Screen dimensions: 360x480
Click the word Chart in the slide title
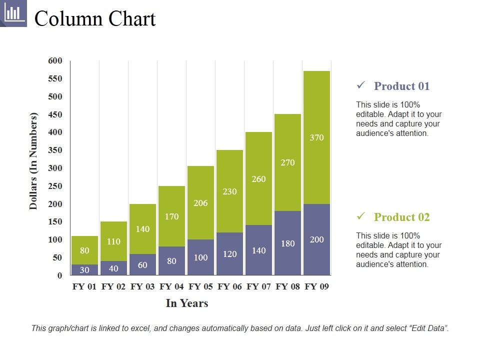(x=130, y=19)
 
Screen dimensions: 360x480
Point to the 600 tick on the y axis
(x=55, y=61)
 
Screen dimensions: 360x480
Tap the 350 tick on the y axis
(x=55, y=150)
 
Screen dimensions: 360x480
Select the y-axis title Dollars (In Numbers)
(x=33, y=161)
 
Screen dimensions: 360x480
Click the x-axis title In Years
(x=186, y=303)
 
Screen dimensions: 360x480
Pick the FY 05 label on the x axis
(x=201, y=287)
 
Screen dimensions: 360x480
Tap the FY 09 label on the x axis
(x=317, y=287)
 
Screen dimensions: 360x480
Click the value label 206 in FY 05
(x=200, y=203)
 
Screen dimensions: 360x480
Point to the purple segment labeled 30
(x=84, y=270)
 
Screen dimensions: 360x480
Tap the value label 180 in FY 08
(x=287, y=243)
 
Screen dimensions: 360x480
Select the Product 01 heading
(x=401, y=86)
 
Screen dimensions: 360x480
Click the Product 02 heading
(x=401, y=217)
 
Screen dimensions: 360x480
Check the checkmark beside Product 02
(x=361, y=216)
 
